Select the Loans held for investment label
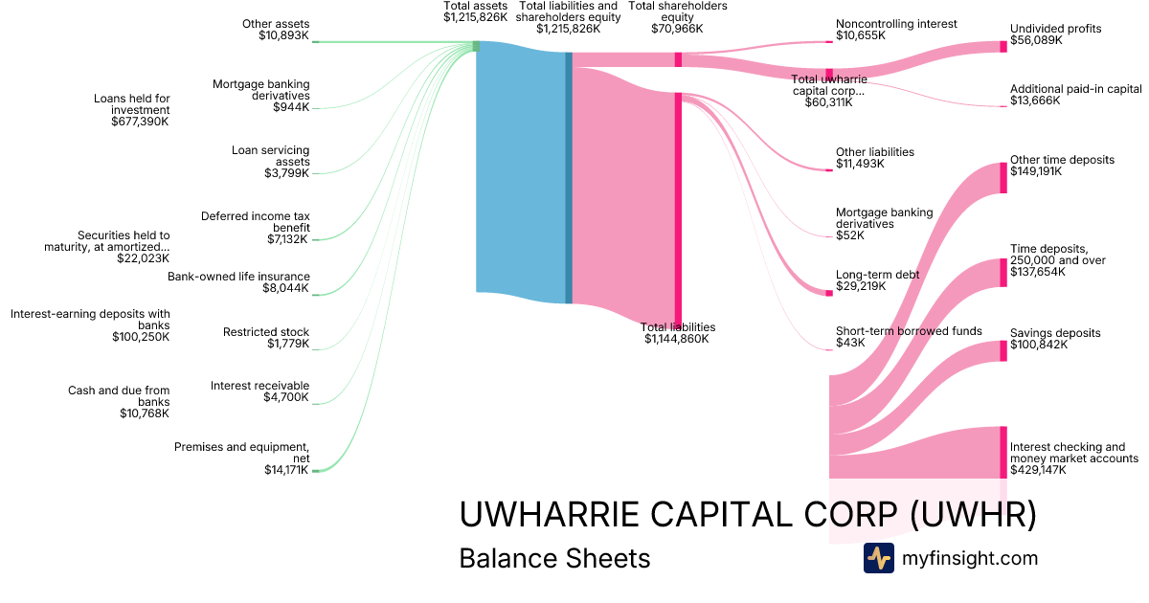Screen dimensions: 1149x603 click(x=131, y=110)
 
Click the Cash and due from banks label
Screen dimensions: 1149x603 click(x=119, y=402)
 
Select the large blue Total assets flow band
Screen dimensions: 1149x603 click(x=521, y=167)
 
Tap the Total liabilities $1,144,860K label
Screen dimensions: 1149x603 click(x=677, y=333)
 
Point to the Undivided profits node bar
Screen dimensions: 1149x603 click(x=1003, y=46)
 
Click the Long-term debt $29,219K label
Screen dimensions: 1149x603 click(x=877, y=280)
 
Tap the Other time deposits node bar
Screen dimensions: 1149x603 click(x=1003, y=178)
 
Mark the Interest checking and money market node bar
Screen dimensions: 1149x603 click(x=1003, y=452)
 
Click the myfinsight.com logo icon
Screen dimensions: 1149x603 click(x=878, y=558)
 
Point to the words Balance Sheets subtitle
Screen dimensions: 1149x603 click(x=554, y=558)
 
